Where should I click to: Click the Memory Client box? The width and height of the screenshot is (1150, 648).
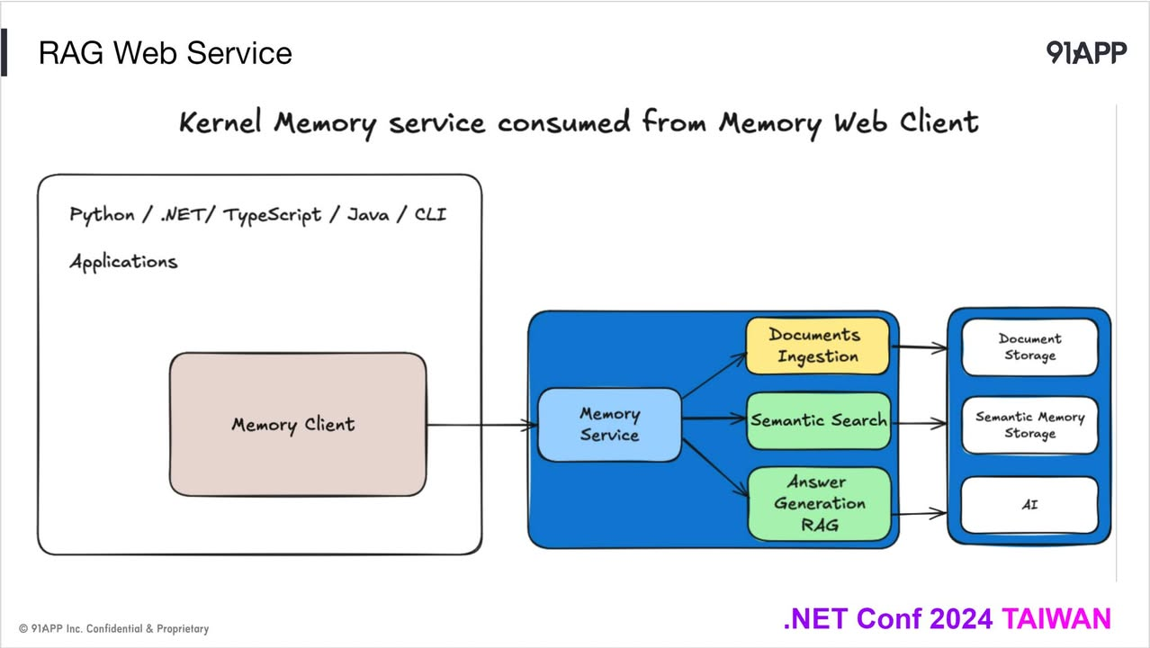tap(297, 424)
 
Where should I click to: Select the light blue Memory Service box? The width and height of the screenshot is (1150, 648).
tap(609, 425)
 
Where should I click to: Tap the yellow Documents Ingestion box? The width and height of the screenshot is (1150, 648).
tap(817, 346)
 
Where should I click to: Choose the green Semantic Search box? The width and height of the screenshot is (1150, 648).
tap(818, 420)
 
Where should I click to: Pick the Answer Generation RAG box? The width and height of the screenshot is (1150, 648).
tap(819, 504)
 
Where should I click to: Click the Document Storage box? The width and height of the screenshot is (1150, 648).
tap(1029, 347)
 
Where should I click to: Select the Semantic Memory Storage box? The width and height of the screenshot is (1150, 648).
tap(1029, 425)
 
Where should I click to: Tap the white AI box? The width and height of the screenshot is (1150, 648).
tap(1029, 505)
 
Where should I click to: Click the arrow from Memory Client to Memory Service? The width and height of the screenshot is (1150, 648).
tap(481, 425)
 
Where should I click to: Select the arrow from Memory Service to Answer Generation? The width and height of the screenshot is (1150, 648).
tap(715, 467)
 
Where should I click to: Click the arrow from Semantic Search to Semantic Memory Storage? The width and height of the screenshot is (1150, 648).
tap(918, 421)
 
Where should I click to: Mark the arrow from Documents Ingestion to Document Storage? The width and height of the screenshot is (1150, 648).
tap(918, 346)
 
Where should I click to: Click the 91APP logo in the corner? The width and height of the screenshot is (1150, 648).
tap(1086, 53)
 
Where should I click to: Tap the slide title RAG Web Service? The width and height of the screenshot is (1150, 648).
tap(165, 53)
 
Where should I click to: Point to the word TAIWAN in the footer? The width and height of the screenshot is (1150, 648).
tap(1056, 619)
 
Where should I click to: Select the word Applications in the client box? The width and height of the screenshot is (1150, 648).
tap(123, 262)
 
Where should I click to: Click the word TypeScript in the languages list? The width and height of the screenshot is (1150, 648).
tap(272, 216)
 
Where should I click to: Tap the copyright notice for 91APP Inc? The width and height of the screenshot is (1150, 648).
tap(113, 628)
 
